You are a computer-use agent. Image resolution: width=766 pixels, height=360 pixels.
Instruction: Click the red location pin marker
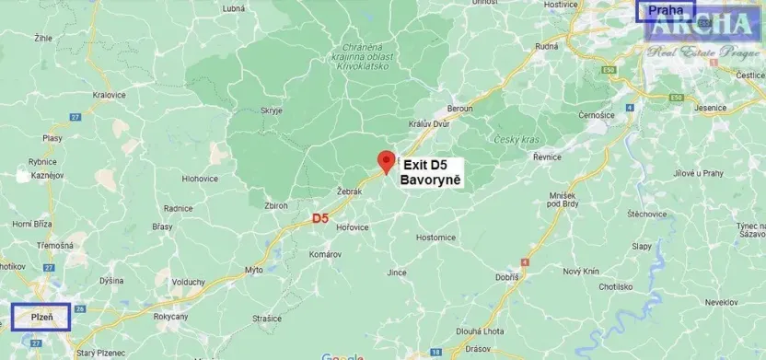(x=387, y=159)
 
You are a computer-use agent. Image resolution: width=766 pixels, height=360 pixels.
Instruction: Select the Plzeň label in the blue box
(x=41, y=317)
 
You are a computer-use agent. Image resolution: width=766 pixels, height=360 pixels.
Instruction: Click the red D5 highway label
(x=319, y=218)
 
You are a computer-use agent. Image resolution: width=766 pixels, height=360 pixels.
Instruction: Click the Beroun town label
(x=459, y=110)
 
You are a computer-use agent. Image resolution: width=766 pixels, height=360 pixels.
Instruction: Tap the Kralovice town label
(x=97, y=94)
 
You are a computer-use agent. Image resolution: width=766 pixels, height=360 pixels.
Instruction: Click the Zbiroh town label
(x=276, y=206)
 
